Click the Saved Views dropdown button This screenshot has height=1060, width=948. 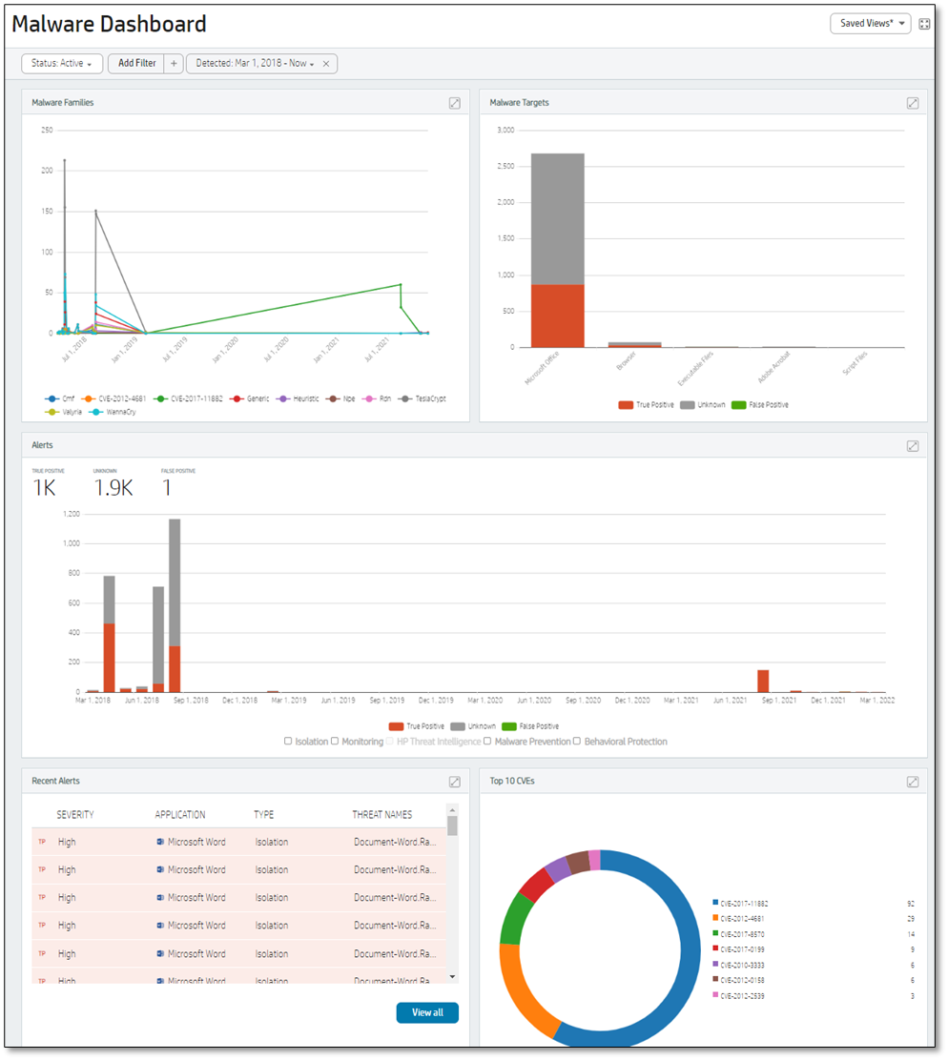[x=870, y=24]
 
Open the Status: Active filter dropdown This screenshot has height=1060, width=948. [x=62, y=63]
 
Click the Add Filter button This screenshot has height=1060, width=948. [x=137, y=63]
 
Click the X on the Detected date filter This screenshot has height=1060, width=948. [x=326, y=64]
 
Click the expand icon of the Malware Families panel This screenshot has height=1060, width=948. [x=455, y=103]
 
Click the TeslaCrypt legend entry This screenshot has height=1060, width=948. [x=425, y=398]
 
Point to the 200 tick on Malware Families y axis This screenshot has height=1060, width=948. [x=46, y=171]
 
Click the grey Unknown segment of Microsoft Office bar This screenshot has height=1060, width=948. [x=558, y=219]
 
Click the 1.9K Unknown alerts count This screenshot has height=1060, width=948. [x=113, y=488]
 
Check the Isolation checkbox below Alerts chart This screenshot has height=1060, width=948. [x=289, y=742]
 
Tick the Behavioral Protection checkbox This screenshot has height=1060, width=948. [x=577, y=742]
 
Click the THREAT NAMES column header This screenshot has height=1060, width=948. [x=381, y=815]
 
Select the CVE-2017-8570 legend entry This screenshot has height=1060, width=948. [x=742, y=934]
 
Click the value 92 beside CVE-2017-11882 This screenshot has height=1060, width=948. [x=910, y=903]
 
